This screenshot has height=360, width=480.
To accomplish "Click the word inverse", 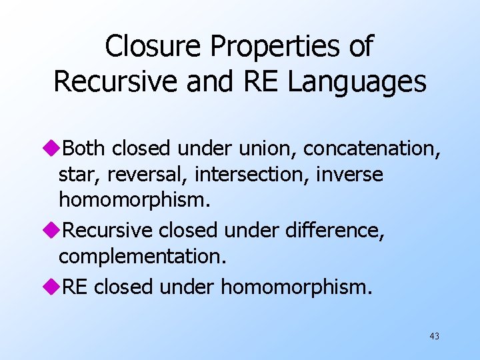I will tap(349, 175).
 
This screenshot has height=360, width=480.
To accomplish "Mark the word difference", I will tap(333, 230).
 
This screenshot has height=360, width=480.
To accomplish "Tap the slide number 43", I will tap(434, 336).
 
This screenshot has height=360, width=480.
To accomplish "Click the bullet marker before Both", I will tap(57, 147).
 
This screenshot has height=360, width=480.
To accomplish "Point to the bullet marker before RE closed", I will tap(57, 286).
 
